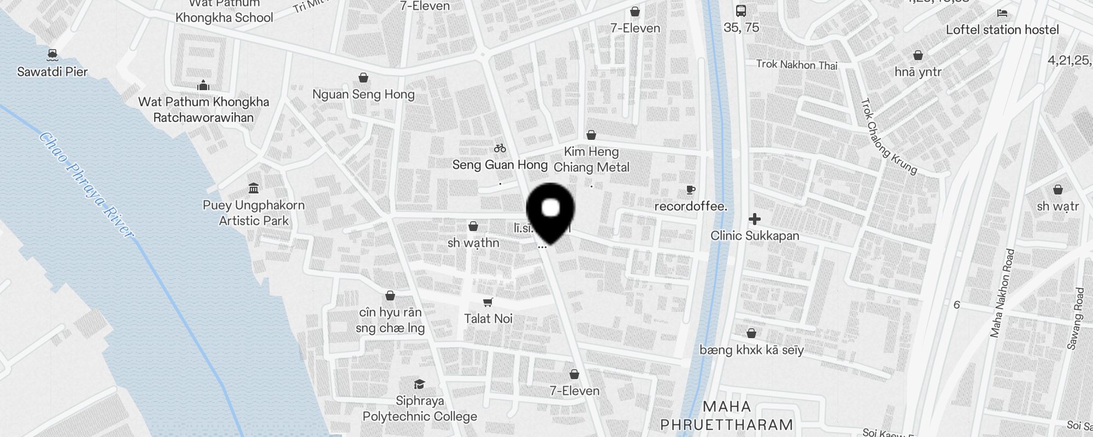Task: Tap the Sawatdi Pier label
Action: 52,72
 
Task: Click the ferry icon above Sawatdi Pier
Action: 52,54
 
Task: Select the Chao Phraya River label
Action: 86,185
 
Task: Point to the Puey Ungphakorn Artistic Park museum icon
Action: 254,188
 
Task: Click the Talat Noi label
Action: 488,318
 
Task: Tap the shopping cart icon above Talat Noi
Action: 488,302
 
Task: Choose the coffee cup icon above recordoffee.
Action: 690,190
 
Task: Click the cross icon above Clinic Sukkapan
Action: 755,219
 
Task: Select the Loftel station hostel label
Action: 1002,29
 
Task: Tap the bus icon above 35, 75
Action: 741,10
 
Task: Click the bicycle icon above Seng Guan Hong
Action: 500,148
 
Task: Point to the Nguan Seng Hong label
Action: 363,94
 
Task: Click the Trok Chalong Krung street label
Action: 889,136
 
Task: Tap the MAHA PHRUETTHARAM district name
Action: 727,416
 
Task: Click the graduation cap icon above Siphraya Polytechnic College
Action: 419,383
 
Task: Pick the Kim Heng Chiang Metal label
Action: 591,160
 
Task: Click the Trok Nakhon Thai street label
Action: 796,65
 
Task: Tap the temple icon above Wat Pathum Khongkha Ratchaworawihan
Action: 203,85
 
